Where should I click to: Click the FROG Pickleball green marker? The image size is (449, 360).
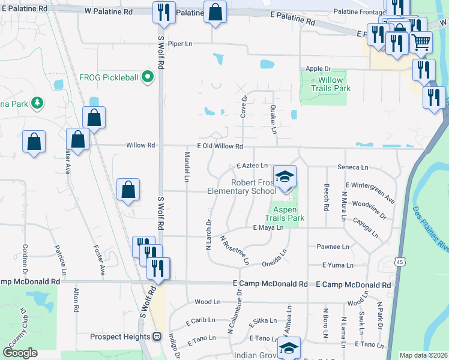146,77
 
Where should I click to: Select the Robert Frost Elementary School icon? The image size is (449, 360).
285,176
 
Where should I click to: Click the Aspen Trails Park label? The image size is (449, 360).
285,214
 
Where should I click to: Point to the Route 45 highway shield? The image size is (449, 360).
399,262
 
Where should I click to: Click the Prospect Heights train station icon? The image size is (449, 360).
158,337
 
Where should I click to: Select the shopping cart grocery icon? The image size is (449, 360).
421,41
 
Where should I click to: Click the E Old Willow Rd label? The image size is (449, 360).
220,146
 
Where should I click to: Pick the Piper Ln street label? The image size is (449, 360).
179,44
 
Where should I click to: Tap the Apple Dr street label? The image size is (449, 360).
318,69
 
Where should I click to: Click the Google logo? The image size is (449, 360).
20,353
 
